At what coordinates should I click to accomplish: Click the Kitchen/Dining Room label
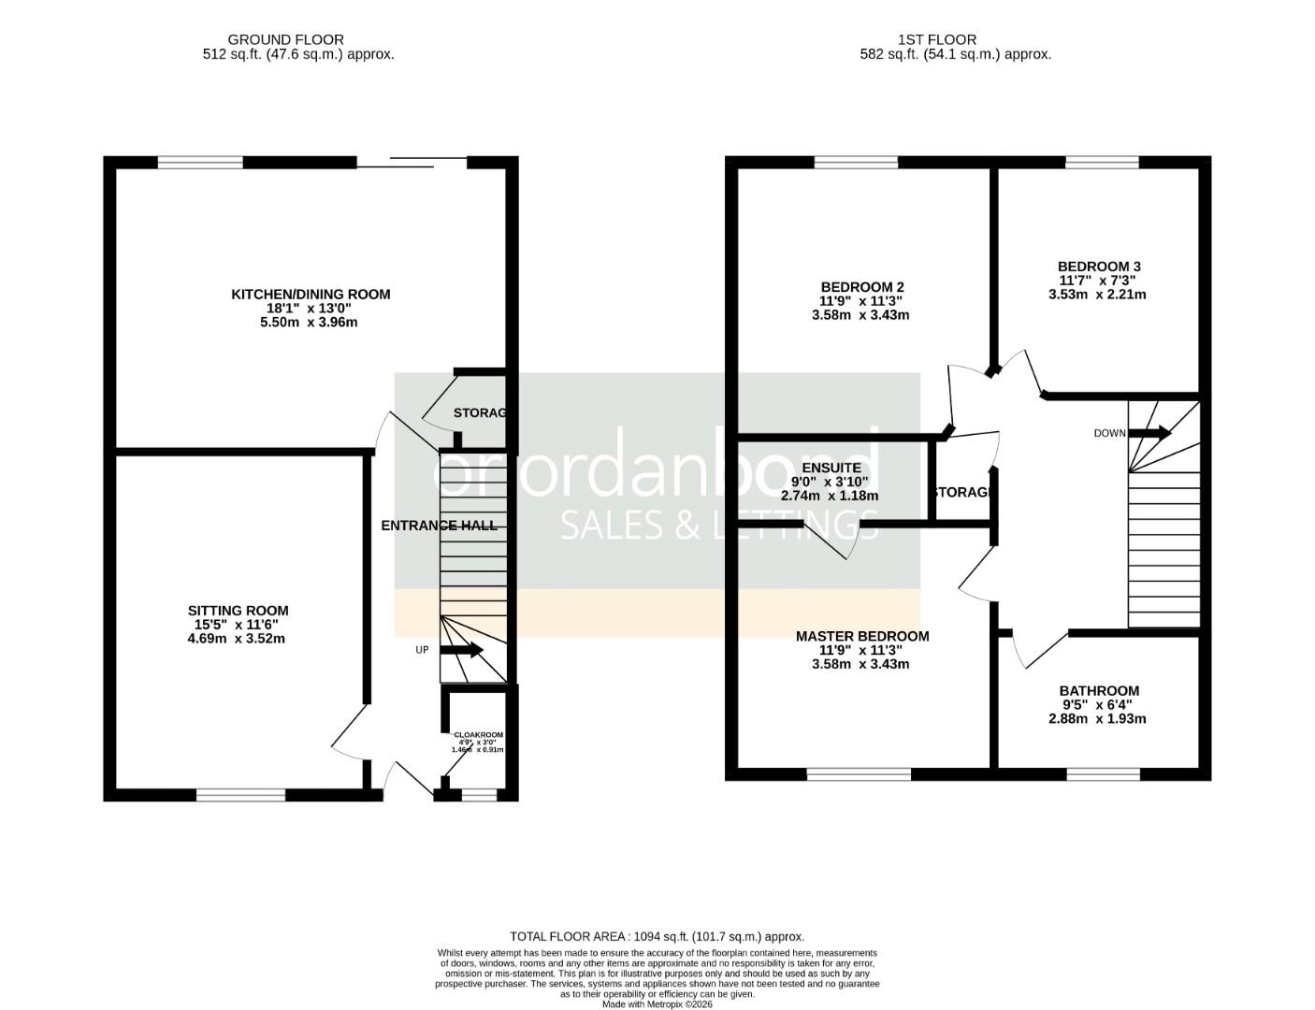pos(311,295)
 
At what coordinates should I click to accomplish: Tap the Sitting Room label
pos(238,612)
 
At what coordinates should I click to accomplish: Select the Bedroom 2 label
pos(861,287)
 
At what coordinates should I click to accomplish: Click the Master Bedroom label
pos(861,637)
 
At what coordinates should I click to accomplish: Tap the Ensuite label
pos(831,468)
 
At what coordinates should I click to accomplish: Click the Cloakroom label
pos(477,735)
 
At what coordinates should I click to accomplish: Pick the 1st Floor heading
pos(936,39)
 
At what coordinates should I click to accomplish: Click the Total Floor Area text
pos(657,936)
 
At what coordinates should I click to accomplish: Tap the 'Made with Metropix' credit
pos(657,1004)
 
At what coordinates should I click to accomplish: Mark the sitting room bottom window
pos(240,795)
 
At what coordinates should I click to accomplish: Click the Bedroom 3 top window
pos(1102,163)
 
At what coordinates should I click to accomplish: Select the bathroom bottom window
pos(1103,774)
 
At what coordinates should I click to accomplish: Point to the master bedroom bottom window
pos(859,774)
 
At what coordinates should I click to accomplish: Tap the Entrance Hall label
pos(439,526)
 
